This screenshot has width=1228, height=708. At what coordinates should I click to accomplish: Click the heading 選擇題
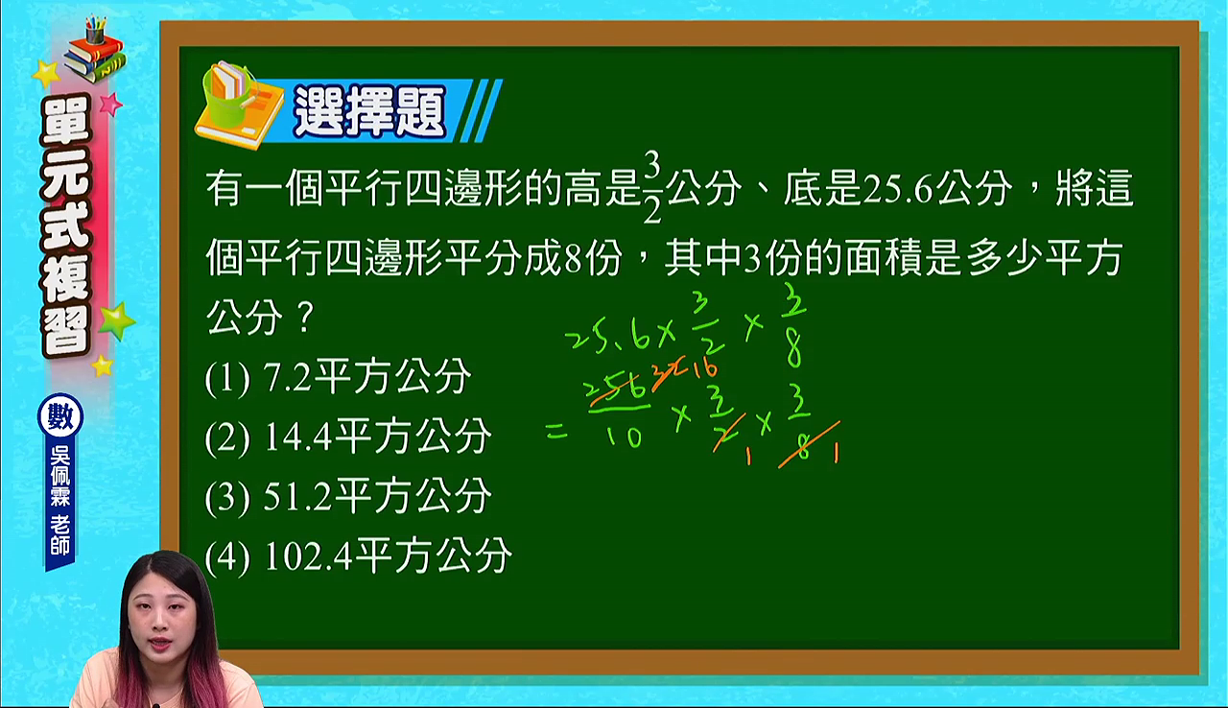369,112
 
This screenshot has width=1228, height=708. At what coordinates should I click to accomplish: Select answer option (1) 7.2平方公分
338,378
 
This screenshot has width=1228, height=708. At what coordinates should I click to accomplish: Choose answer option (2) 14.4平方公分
348,437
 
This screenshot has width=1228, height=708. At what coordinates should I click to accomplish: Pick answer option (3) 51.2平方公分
348,496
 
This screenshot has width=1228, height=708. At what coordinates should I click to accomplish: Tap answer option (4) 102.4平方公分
359,556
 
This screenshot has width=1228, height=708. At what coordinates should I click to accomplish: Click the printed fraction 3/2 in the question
651,188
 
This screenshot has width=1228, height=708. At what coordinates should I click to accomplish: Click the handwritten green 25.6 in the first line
608,337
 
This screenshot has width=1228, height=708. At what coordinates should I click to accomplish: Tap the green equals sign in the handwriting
557,433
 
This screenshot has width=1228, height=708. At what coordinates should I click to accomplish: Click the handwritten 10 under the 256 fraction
624,437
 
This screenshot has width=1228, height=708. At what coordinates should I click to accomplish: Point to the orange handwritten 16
705,368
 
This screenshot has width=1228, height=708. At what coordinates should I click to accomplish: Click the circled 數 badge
60,416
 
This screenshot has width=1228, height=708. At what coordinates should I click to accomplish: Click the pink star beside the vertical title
111,104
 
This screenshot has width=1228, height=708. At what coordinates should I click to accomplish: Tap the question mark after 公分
305,318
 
